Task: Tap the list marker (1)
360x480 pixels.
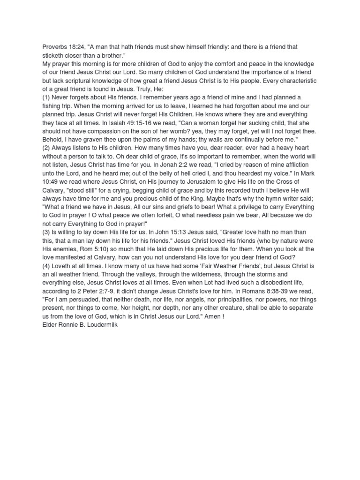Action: (x=46, y=97)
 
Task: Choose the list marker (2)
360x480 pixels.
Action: (x=46, y=148)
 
